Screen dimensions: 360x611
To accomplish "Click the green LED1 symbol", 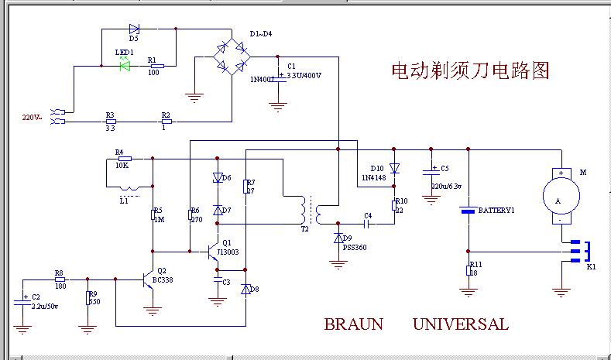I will pos(124,66).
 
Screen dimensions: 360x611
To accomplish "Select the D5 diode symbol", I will pos(134,29).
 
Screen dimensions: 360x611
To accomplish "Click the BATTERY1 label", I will pos(496,211).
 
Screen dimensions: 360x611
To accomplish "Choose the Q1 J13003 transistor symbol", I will pos(215,252).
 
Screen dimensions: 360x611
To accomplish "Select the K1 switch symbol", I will pos(580,251).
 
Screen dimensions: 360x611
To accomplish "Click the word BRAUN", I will pos(353,324).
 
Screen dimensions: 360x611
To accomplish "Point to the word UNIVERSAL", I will pos(461,324).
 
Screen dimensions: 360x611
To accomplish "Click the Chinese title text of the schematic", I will pos(470,71).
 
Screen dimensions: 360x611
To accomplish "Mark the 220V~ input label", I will pos(33,118).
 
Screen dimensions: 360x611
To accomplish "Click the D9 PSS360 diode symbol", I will pos(338,237).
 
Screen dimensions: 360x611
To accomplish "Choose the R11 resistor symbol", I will pos(467,269).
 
